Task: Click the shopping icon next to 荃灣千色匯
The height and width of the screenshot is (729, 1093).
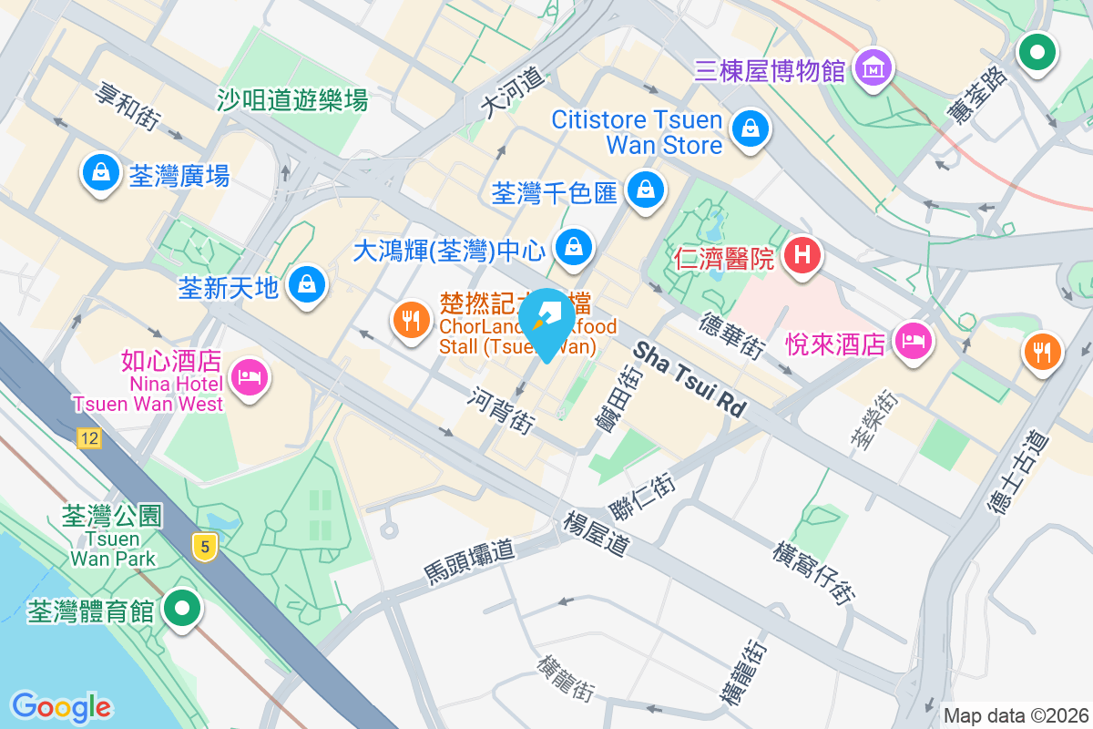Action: click(x=646, y=190)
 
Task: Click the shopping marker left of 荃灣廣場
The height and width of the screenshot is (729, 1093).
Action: click(x=101, y=171)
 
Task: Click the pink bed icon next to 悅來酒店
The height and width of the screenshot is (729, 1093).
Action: click(x=913, y=341)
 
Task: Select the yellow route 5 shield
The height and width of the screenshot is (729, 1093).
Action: click(x=206, y=547)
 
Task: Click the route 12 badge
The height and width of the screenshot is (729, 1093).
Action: click(x=88, y=439)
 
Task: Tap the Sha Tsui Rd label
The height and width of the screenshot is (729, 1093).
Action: click(x=690, y=380)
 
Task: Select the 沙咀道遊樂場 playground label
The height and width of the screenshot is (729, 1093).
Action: click(x=292, y=100)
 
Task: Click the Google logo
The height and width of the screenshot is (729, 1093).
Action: click(x=61, y=706)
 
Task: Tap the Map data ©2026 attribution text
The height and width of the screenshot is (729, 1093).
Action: click(x=1015, y=715)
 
